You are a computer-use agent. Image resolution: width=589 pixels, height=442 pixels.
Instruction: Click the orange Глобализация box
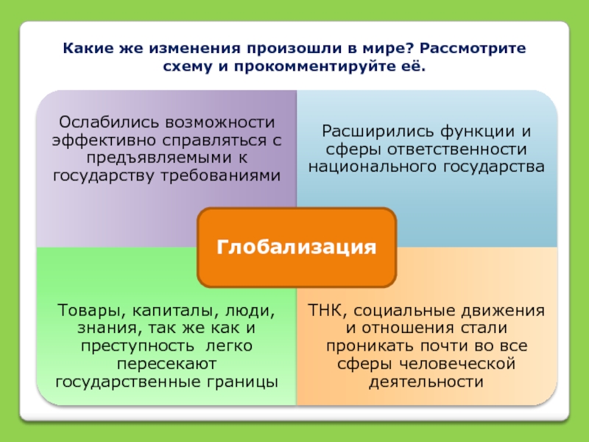coord(297,246)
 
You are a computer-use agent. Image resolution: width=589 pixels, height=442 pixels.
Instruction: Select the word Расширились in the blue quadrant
coord(366,131)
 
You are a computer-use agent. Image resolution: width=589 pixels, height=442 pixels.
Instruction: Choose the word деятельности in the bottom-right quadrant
coord(426,382)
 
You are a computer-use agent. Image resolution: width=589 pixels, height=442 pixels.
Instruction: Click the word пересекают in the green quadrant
coord(166,363)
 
